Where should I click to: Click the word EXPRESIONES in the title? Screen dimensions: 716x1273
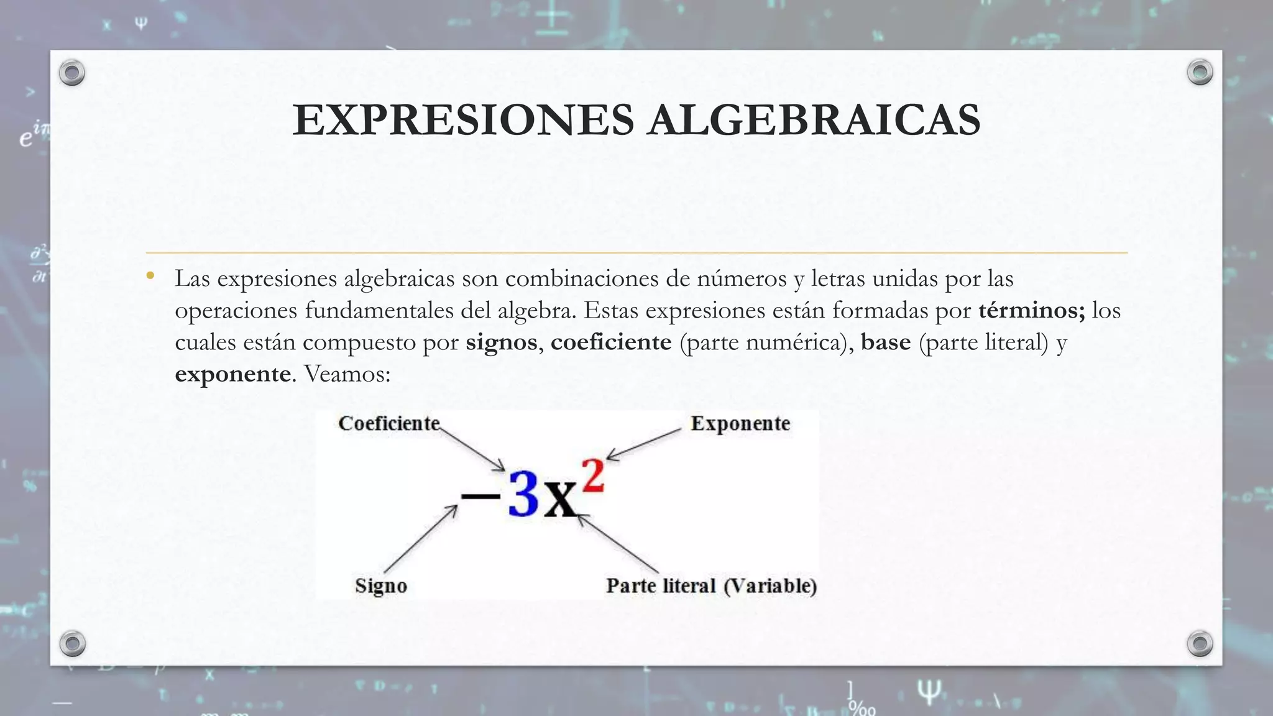[x=463, y=120]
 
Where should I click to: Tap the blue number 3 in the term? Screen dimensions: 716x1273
[x=523, y=495]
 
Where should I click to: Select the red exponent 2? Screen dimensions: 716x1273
[x=593, y=477]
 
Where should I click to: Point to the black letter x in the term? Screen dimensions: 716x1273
[x=561, y=501]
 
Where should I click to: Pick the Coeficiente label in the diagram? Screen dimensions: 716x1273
[x=389, y=423]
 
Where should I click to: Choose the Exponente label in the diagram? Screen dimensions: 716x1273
[x=740, y=423]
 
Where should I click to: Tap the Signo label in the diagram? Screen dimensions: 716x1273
[x=381, y=585]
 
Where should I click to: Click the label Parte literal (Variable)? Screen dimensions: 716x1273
[x=711, y=585]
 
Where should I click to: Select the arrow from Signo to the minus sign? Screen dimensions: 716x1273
[x=420, y=538]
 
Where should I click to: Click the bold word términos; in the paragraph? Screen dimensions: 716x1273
[x=1031, y=310]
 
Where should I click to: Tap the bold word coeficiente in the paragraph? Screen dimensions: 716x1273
[x=611, y=342]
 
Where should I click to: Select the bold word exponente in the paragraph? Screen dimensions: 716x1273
[x=232, y=374]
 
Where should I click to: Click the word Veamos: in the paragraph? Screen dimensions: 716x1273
[x=347, y=374]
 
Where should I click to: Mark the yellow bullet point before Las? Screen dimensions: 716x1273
[x=150, y=276]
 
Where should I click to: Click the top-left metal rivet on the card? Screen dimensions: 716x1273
[x=72, y=73]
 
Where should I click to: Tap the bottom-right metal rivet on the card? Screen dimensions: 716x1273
[x=1200, y=643]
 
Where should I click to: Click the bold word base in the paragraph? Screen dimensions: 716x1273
[x=886, y=342]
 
